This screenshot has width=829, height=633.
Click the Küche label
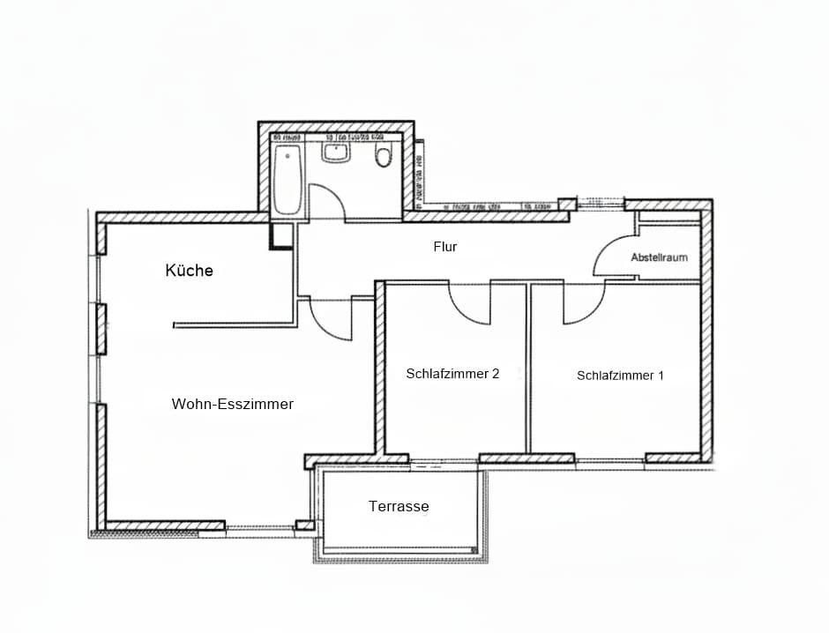(189, 271)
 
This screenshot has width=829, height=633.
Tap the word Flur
(445, 247)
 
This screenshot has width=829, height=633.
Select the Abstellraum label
(659, 257)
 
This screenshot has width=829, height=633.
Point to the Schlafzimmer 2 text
(452, 373)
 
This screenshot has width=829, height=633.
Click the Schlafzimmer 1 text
(620, 376)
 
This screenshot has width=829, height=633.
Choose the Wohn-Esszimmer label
(232, 404)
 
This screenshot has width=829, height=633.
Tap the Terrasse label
(399, 506)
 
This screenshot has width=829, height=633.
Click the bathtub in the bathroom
(288, 181)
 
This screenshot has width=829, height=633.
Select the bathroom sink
(335, 153)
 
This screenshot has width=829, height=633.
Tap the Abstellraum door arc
(615, 257)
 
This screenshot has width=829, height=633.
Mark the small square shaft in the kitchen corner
(281, 235)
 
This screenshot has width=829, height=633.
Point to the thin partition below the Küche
(234, 325)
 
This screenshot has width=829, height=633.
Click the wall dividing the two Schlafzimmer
(528, 370)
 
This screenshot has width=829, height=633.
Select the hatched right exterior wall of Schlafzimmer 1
(706, 353)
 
